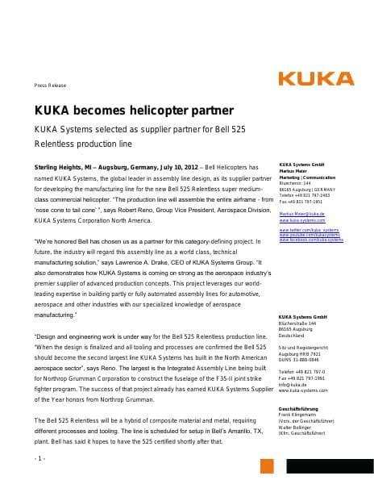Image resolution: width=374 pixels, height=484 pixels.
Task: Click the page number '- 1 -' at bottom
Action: click(39, 458)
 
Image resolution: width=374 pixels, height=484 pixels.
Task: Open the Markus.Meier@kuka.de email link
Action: click(302, 214)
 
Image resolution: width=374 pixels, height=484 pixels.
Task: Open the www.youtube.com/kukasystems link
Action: click(309, 235)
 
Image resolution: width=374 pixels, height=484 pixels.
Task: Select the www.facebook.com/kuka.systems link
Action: click(310, 240)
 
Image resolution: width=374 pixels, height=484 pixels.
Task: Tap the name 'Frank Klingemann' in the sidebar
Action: click(297, 415)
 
